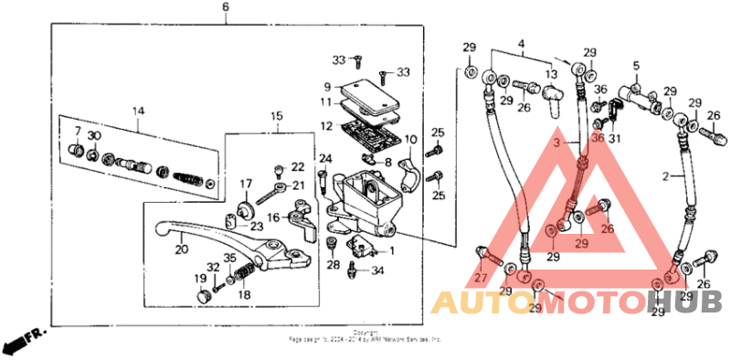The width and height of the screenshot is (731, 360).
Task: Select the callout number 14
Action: pos(138,111)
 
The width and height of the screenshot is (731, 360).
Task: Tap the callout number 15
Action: pos(277,115)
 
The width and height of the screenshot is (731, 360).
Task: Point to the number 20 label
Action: pos(181,249)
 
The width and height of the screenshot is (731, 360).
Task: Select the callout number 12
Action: pos(325,126)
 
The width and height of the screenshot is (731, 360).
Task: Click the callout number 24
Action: pos(324,158)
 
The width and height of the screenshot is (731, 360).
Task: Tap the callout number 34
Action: pos(378,270)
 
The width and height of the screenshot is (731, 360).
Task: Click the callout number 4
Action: pos(522,43)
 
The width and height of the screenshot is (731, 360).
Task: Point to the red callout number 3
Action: pos(555,143)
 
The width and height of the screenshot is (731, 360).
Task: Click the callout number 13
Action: pos(551,73)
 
